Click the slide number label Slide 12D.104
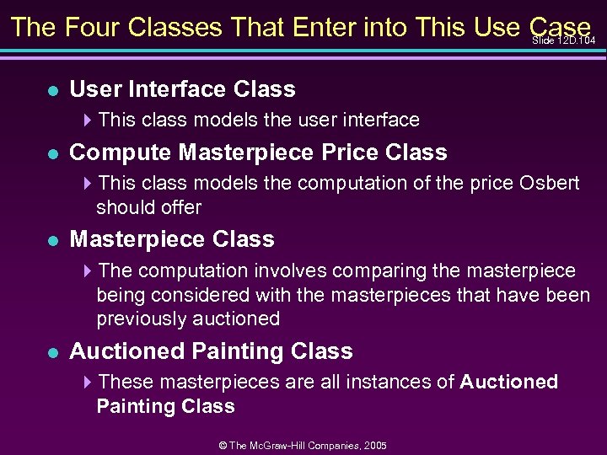[x=564, y=40]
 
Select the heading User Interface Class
[x=182, y=88]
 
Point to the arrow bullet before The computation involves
[x=88, y=270]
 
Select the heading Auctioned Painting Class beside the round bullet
[x=211, y=351]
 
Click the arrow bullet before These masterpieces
[x=88, y=382]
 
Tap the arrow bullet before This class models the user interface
[x=88, y=120]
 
